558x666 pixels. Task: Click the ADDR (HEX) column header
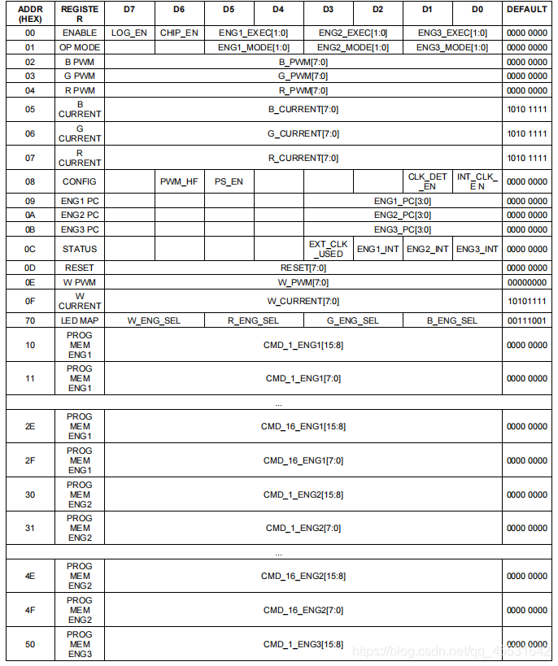pyautogui.click(x=29, y=14)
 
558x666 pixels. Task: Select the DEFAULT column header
pyautogui.click(x=526, y=9)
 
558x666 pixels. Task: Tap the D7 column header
pyautogui.click(x=129, y=9)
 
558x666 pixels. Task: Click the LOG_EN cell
pyautogui.click(x=129, y=33)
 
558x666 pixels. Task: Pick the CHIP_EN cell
pyautogui.click(x=179, y=33)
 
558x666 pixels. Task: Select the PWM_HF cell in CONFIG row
pyautogui.click(x=179, y=181)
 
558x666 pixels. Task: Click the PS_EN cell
pyautogui.click(x=229, y=181)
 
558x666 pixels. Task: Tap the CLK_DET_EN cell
pyautogui.click(x=427, y=181)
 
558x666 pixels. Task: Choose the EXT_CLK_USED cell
pyautogui.click(x=328, y=249)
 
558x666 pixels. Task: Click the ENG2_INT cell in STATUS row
pyautogui.click(x=427, y=249)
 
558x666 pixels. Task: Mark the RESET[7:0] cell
pyautogui.click(x=303, y=268)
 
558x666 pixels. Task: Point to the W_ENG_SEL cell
pyautogui.click(x=154, y=320)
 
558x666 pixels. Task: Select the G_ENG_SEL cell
pyautogui.click(x=353, y=320)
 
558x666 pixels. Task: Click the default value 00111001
pyautogui.click(x=526, y=320)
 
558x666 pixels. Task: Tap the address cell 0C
pyautogui.click(x=29, y=249)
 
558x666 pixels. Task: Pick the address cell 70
pyautogui.click(x=29, y=320)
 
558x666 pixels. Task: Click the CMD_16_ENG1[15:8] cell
pyautogui.click(x=303, y=426)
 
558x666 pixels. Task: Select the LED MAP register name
pyautogui.click(x=80, y=320)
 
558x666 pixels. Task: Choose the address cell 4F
pyautogui.click(x=29, y=610)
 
